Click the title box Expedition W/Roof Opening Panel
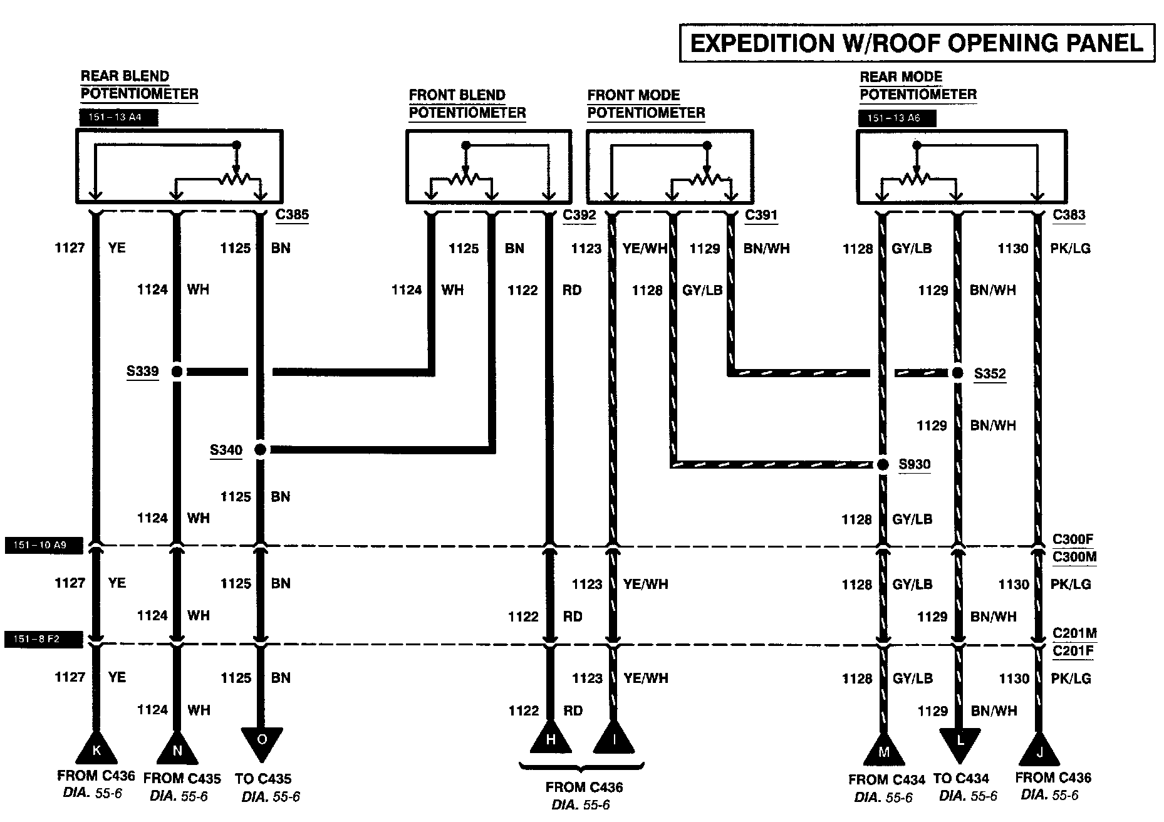pos(917,43)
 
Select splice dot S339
pos(177,372)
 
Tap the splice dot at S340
pos(260,449)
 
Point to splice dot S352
pos(957,373)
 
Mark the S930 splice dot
pos(883,464)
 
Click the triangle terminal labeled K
pos(96,747)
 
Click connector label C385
pos(292,214)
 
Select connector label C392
pos(579,215)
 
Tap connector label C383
pos(1069,214)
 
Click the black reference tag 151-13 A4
pos(118,117)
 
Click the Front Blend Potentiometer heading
pos(467,104)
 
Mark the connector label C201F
pos(1073,651)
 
